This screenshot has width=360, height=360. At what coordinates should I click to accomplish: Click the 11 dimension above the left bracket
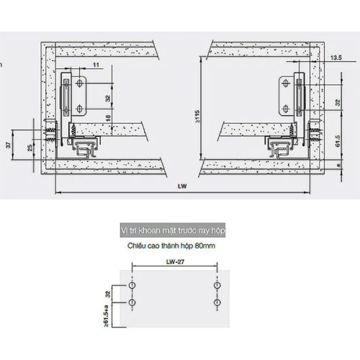(96, 66)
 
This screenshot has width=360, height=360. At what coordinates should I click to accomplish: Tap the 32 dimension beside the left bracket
(107, 97)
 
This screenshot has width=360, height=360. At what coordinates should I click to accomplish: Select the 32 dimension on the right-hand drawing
(337, 102)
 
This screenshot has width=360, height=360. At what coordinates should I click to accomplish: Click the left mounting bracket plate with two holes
(78, 96)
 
